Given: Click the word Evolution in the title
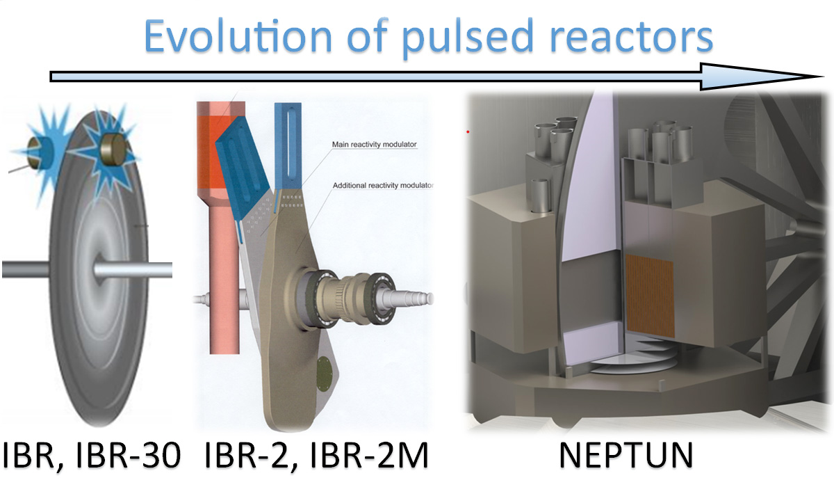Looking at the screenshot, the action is pos(238,35).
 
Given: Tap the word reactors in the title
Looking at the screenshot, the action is pos(632,38).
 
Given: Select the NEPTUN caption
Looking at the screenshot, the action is pos(626,454).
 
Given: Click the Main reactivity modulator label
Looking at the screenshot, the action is pos(374,144).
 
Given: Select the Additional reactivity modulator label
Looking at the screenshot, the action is pos(383,185).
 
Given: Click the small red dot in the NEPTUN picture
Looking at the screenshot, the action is pos(468,131).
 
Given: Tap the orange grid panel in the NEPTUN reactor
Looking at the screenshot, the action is pos(650,296).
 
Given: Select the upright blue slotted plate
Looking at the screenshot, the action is pos(288,146).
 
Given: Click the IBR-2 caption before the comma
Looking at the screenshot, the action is pos(247,454).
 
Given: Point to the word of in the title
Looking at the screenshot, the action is pos(367,35).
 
